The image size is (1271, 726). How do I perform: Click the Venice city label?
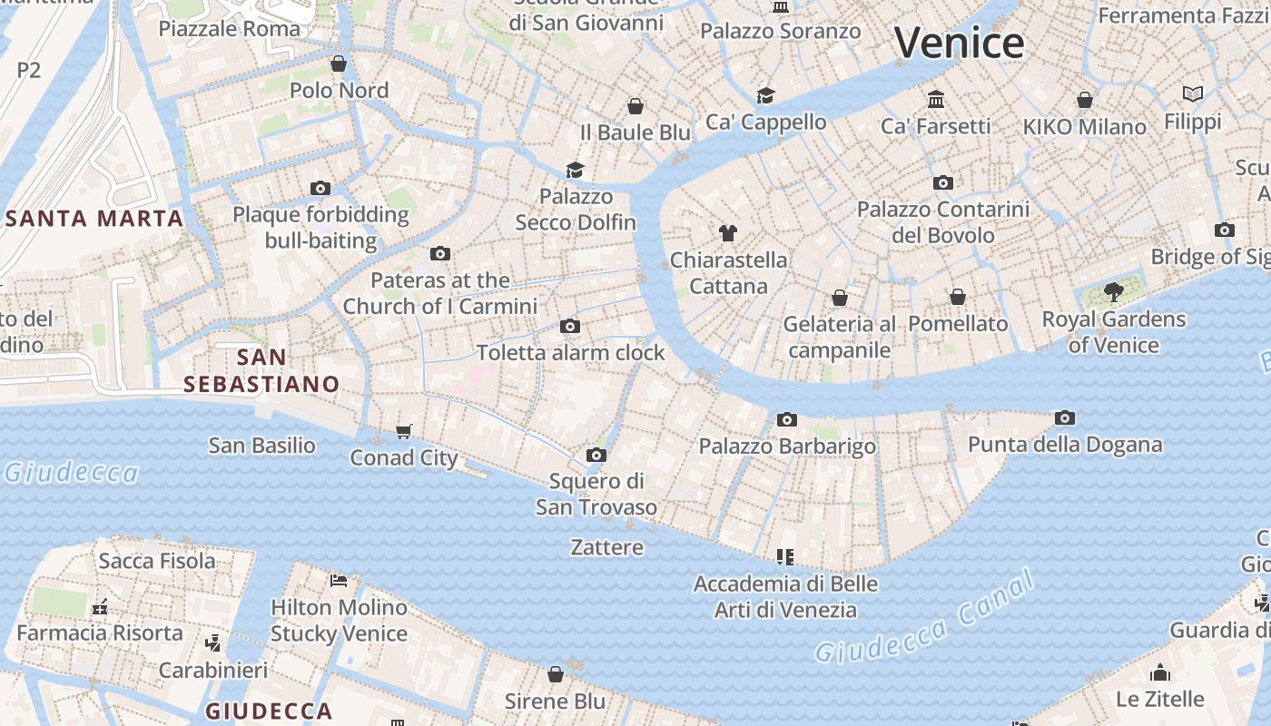pyautogui.click(x=959, y=43)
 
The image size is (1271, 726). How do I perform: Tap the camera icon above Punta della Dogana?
pyautogui.click(x=1065, y=417)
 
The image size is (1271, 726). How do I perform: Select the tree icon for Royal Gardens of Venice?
pyautogui.click(x=1113, y=292)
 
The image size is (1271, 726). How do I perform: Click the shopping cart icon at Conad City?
pyautogui.click(x=404, y=431)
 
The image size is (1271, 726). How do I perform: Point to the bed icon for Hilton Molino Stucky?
pyautogui.click(x=339, y=581)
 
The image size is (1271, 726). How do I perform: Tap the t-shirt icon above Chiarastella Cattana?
pyautogui.click(x=727, y=233)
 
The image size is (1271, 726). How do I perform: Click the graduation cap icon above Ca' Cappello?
pyautogui.click(x=766, y=95)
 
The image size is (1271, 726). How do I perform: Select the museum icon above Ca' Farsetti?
pyautogui.click(x=936, y=99)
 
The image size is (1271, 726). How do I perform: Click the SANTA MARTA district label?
pyautogui.click(x=95, y=219)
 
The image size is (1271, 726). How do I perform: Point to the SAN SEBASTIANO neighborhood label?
pyautogui.click(x=261, y=370)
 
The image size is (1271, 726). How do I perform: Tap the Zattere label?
pyautogui.click(x=606, y=547)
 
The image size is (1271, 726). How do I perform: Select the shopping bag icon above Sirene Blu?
pyautogui.click(x=556, y=674)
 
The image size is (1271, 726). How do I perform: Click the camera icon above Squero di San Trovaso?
pyautogui.click(x=596, y=455)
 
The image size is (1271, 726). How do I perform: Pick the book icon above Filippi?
pyautogui.click(x=1192, y=94)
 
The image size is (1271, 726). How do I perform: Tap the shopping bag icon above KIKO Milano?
pyautogui.click(x=1084, y=100)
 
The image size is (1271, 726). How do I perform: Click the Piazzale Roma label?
pyautogui.click(x=229, y=28)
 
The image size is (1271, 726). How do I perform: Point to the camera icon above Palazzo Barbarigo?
pyautogui.click(x=787, y=419)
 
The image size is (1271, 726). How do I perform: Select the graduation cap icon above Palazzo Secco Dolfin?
pyautogui.click(x=575, y=170)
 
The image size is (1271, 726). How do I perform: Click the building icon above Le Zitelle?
pyautogui.click(x=1159, y=672)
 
